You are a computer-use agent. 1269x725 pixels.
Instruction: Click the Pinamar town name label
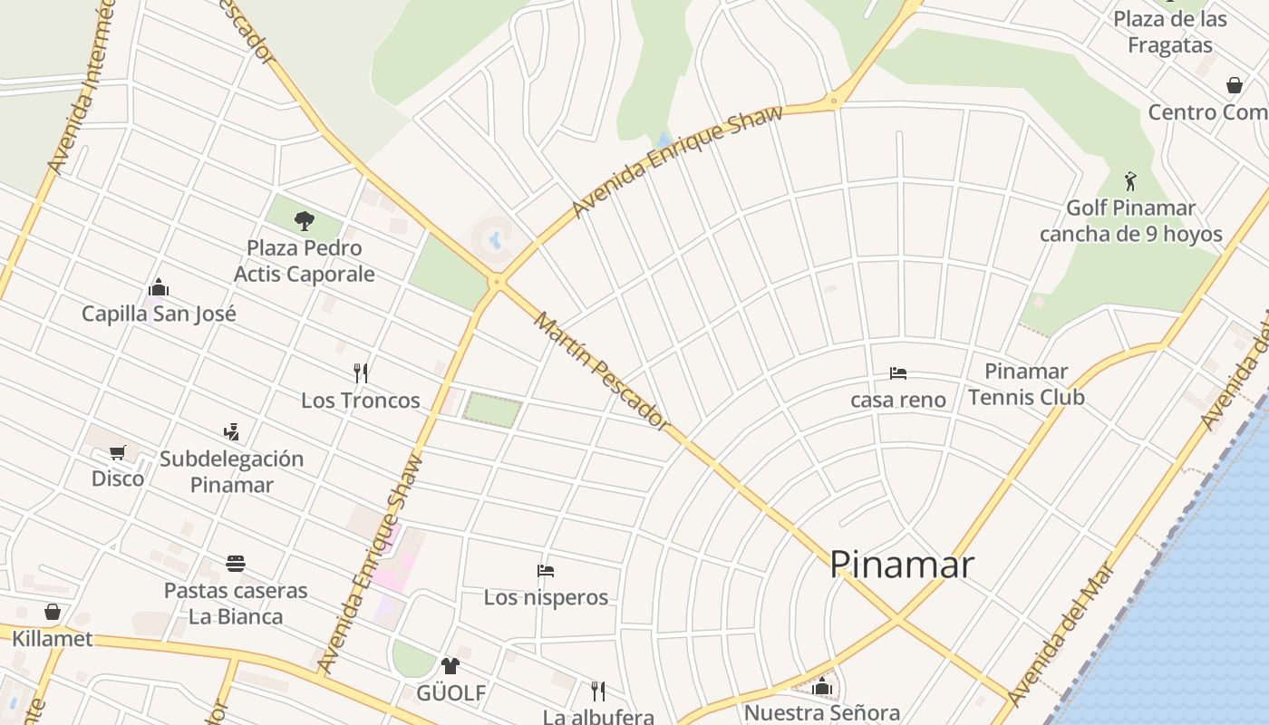[902, 565]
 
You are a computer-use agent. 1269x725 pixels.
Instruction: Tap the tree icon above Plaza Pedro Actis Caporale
[305, 220]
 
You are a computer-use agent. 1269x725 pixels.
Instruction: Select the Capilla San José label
[159, 314]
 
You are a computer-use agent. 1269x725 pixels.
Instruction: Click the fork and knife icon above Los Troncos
[361, 372]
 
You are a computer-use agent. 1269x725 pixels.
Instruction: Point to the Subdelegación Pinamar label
[232, 471]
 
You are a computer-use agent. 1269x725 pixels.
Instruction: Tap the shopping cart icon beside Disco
[117, 452]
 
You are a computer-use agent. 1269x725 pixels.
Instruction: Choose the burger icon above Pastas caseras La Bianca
[236, 564]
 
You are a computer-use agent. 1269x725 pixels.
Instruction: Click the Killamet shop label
[52, 638]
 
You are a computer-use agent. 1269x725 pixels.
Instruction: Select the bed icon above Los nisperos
[546, 571]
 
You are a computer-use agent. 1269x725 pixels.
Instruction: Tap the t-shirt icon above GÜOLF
[450, 666]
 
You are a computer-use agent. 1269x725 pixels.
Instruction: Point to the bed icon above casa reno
[898, 372]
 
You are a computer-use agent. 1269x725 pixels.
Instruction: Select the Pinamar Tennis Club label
[1026, 384]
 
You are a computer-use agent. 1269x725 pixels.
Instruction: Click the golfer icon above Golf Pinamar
[1130, 181]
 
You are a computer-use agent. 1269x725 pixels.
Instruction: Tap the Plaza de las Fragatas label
[1169, 32]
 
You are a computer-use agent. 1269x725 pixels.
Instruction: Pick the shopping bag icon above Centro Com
[1234, 85]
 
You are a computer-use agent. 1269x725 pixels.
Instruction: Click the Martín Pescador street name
[601, 371]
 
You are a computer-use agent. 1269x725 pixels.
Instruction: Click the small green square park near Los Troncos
[493, 410]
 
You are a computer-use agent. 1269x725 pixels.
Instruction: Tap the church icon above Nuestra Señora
[822, 686]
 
